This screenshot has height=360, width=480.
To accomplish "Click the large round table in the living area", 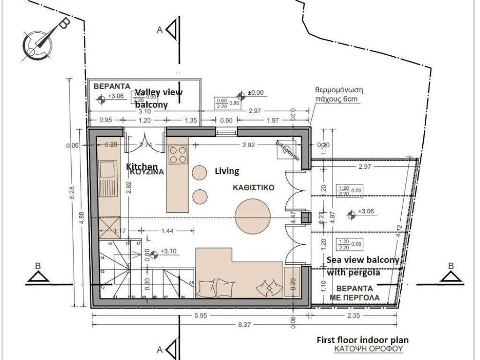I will coord(253,217).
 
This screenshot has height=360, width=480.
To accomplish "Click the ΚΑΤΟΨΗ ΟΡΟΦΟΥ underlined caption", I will coord(368,350).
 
